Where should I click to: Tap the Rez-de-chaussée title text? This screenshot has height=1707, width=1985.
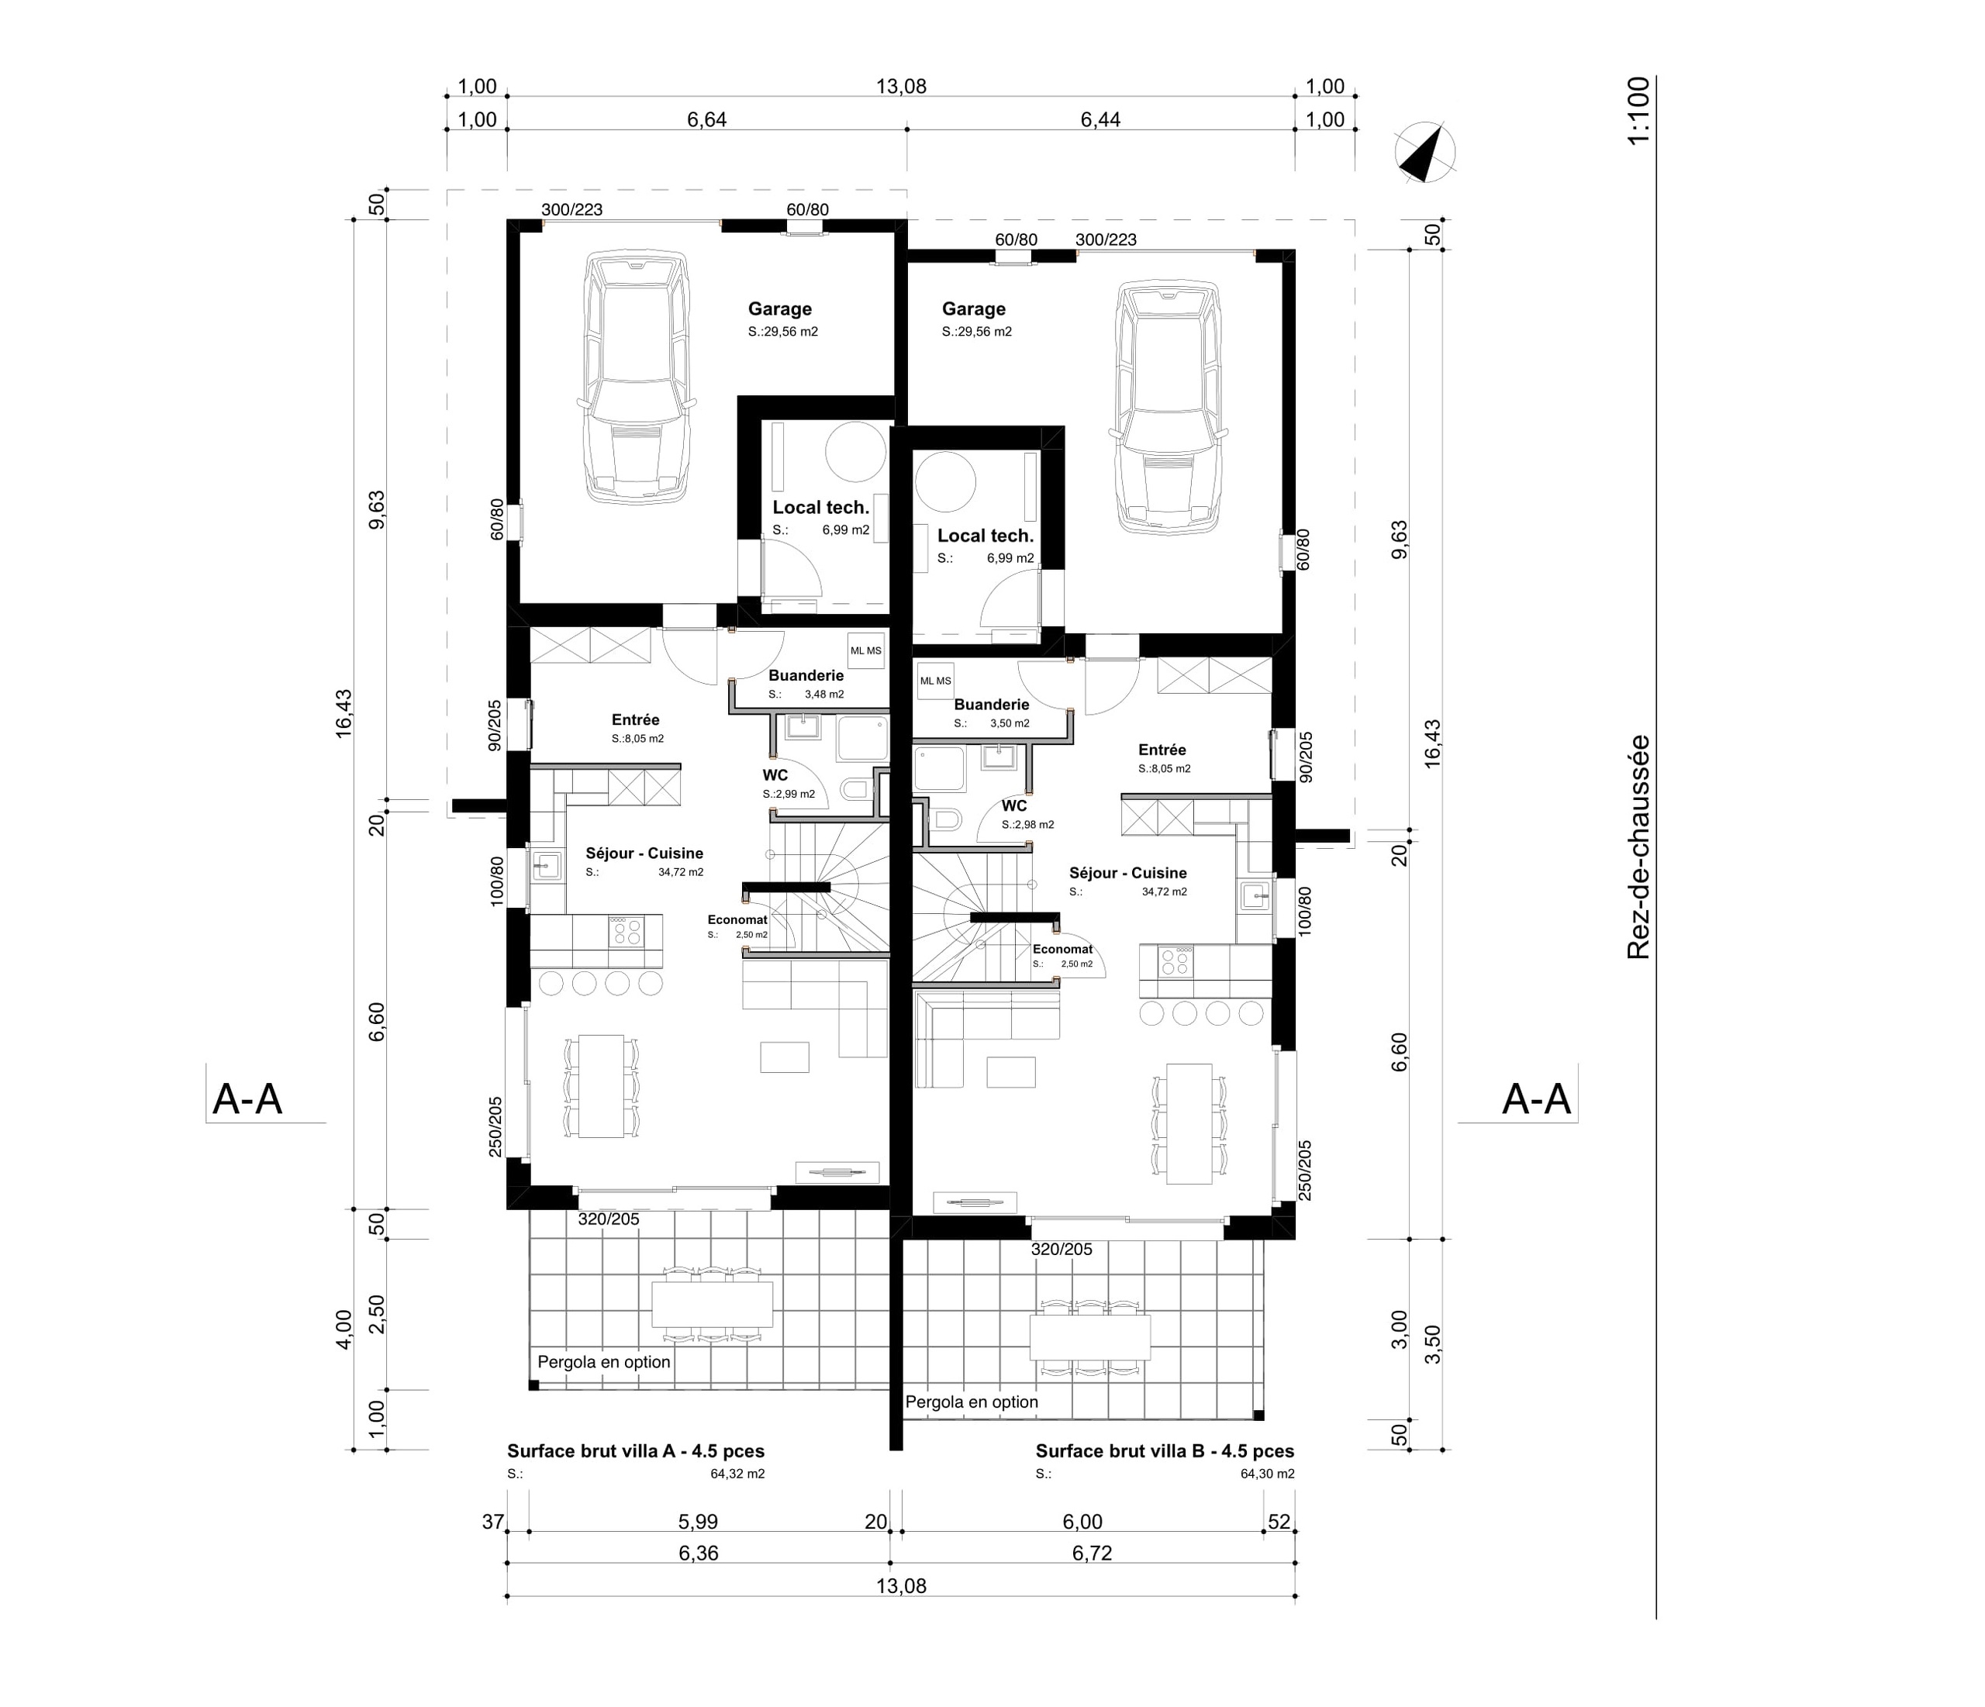coord(1638,847)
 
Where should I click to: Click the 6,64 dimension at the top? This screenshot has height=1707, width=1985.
coord(707,119)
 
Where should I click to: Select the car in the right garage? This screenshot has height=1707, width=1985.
coord(1168,407)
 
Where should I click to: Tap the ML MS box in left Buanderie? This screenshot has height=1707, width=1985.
coord(866,651)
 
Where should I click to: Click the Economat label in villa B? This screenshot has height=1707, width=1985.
coord(1062,950)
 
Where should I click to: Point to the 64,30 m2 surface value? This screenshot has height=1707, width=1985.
coord(1266,1474)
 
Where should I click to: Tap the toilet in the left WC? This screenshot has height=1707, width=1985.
coord(854,790)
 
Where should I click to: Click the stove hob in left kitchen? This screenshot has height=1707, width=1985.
coord(627,931)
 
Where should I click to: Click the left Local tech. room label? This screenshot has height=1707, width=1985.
coord(821,508)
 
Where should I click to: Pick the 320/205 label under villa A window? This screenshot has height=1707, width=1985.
coord(609,1219)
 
